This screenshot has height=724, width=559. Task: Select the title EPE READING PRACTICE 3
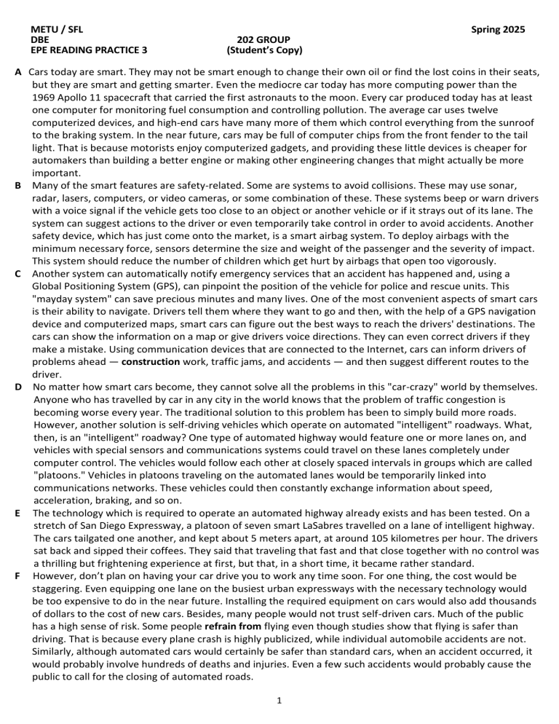(x=89, y=51)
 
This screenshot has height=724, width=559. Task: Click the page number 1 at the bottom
(x=279, y=700)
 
